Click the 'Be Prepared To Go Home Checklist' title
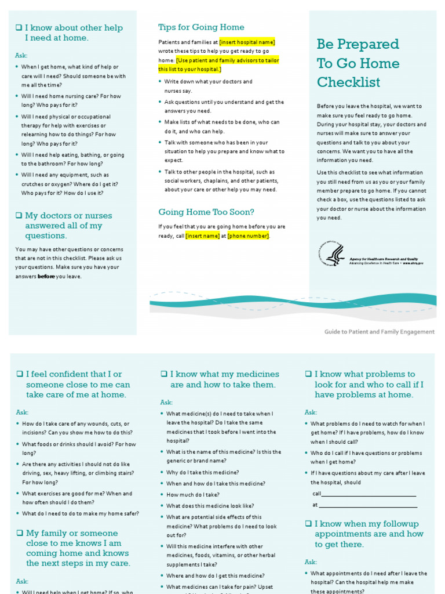(x=358, y=63)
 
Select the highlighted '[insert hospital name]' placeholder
(x=247, y=42)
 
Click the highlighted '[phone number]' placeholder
(x=248, y=236)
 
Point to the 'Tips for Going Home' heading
(x=201, y=27)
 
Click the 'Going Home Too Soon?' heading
(x=206, y=212)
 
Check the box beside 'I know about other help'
(x=19, y=28)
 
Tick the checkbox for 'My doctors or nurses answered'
(x=19, y=216)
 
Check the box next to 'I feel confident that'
(x=19, y=375)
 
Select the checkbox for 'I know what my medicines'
(x=163, y=375)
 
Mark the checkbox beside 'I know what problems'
(x=308, y=375)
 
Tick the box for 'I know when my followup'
(x=308, y=524)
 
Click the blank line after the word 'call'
(x=369, y=494)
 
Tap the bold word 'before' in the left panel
(x=46, y=277)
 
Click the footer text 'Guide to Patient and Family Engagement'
(x=379, y=332)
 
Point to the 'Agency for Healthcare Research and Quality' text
(x=383, y=259)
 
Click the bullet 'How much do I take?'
(x=192, y=495)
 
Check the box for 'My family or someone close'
(x=19, y=534)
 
